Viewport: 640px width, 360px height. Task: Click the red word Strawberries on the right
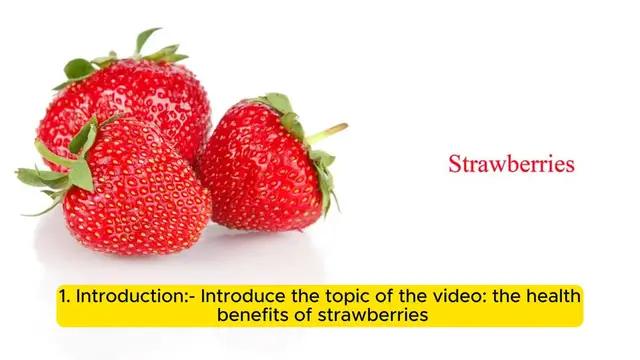coord(511,164)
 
